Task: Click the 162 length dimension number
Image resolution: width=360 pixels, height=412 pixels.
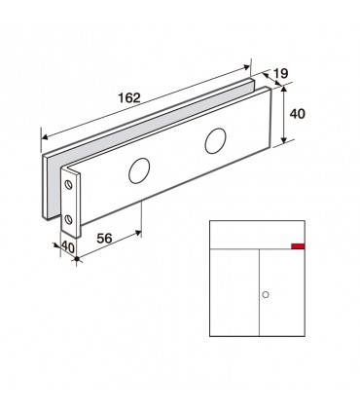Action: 129,97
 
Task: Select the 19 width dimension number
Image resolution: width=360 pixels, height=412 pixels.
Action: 281,74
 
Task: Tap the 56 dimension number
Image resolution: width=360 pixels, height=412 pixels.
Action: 104,239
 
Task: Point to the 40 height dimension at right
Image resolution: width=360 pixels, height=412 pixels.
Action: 298,114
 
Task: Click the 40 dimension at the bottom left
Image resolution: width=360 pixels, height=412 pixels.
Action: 68,247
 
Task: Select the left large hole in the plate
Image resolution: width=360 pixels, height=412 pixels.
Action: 139,170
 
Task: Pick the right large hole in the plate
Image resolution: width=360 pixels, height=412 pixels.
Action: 215,141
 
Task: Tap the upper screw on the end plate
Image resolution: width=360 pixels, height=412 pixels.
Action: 68,185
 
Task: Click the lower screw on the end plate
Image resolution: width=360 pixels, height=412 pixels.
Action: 68,220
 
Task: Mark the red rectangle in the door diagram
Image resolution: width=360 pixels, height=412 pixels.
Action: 298,246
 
